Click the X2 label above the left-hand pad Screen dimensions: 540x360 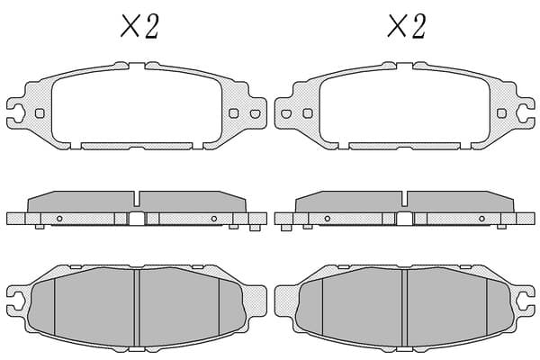[139, 26]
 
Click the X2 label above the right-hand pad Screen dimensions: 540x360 [407, 26]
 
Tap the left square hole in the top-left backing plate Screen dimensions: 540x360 [40, 113]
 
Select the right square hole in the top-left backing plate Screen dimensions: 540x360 [234, 113]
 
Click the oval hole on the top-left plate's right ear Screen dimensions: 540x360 [256, 113]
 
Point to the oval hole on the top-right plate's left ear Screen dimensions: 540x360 [286, 113]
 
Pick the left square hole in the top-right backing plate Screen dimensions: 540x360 [308, 113]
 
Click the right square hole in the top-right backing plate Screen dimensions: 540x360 [502, 113]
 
